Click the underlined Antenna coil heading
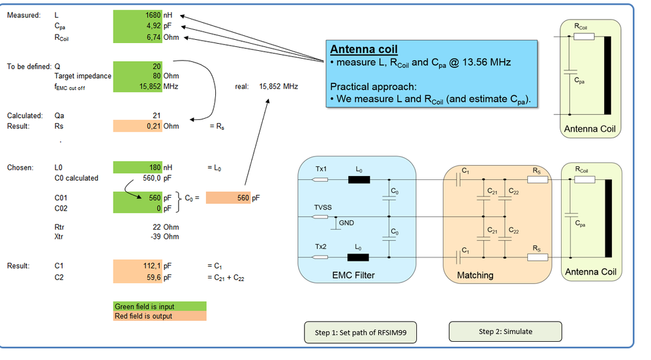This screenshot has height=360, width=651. click(363, 50)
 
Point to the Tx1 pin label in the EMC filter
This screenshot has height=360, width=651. click(322, 169)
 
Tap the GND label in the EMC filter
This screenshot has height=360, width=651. click(346, 222)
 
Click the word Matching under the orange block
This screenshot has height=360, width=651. click(475, 275)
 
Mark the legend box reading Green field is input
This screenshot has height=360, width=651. click(160, 306)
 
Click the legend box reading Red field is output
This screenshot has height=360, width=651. click(160, 316)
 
